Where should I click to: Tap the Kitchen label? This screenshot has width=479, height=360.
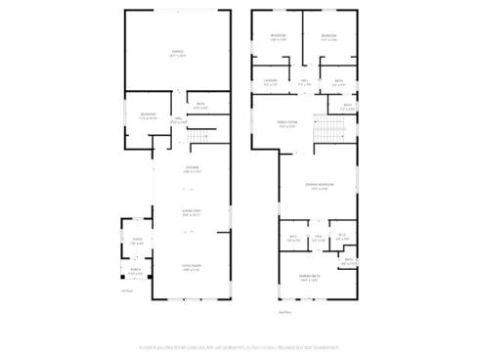pyautogui.click(x=192, y=168)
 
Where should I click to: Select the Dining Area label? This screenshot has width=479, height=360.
pyautogui.click(x=192, y=212)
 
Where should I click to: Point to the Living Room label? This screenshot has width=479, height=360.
pyautogui.click(x=192, y=265)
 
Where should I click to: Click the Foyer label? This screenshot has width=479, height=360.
pyautogui.click(x=137, y=242)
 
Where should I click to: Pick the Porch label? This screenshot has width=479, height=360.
pyautogui.click(x=134, y=273)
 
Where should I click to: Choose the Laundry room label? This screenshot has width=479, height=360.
pyautogui.click(x=271, y=81)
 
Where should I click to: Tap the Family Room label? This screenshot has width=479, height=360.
pyautogui.click(x=286, y=124)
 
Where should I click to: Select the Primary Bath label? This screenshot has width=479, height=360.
pyautogui.click(x=312, y=278)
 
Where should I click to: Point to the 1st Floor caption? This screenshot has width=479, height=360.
pyautogui.click(x=125, y=291)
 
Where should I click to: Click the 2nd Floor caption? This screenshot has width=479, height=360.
pyautogui.click(x=284, y=312)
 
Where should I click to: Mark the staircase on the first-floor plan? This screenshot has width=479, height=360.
pyautogui.click(x=199, y=134)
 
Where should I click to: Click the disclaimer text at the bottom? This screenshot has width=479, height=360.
pyautogui.click(x=239, y=345)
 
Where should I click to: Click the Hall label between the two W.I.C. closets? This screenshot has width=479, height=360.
pyautogui.click(x=318, y=237)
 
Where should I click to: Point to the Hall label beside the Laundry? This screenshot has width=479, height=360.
pyautogui.click(x=304, y=81)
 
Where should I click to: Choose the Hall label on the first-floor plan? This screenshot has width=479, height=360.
pyautogui.click(x=179, y=118)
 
